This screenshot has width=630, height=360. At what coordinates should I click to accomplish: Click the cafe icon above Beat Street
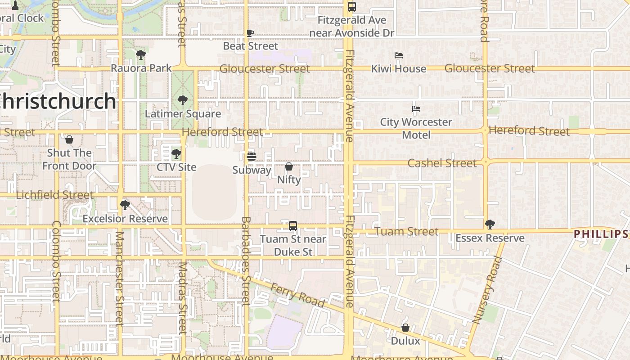point(250,33)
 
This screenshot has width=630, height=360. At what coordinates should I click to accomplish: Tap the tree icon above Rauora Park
point(141,55)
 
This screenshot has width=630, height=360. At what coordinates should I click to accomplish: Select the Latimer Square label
point(183,114)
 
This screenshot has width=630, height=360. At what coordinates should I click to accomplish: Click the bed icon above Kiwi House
point(398,56)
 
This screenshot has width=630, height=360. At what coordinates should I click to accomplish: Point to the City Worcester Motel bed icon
point(416,109)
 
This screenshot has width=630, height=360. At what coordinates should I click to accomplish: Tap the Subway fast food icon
point(252,157)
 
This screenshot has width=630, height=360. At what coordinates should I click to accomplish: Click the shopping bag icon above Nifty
point(289,166)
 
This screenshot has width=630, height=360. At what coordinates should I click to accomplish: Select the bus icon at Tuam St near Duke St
point(293,226)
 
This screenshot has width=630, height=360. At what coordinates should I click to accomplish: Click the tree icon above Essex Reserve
point(490,224)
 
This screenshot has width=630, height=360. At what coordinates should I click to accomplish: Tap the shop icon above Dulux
point(405,328)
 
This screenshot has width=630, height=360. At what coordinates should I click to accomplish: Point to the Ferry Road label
point(297,295)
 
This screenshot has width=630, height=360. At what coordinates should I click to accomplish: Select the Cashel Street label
point(442,163)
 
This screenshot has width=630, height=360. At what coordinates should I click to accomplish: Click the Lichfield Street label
point(55,195)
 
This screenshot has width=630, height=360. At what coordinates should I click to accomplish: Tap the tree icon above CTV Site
point(176,154)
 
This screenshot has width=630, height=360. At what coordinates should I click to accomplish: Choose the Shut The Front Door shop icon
point(69,139)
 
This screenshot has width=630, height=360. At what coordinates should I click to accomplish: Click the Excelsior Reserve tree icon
point(125,205)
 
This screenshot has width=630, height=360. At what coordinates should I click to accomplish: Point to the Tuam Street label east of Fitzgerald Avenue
point(406,231)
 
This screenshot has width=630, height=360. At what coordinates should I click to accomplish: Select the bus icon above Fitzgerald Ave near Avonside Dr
point(352,7)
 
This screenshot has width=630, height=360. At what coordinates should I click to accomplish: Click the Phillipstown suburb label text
point(601,234)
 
